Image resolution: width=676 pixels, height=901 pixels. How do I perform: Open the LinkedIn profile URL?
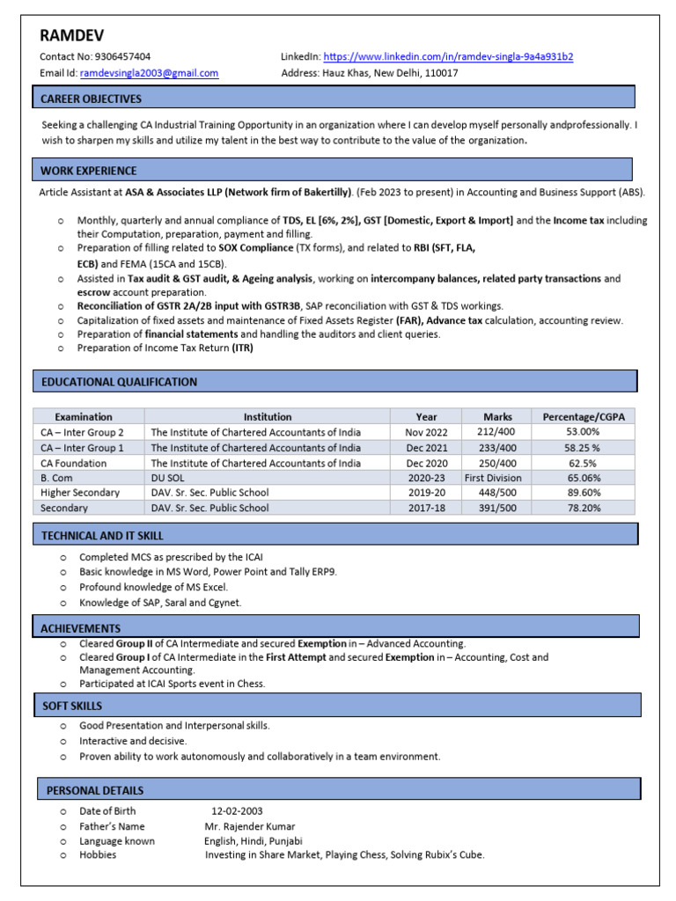pos(449,57)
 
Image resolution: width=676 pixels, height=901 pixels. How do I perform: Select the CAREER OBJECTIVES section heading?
pos(91,99)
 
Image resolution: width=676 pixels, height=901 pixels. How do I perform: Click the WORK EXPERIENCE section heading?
pos(89,171)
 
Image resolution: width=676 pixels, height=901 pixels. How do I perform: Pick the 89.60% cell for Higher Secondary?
pos(584,493)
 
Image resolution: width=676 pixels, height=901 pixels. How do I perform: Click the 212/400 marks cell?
pos(497,432)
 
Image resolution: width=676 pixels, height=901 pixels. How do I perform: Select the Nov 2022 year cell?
pos(426,432)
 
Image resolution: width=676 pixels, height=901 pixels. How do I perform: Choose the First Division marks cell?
pos(493,478)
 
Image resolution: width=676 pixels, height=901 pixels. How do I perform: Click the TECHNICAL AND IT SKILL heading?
pos(101,535)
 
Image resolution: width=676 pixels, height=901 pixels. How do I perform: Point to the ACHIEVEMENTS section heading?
pos(80,628)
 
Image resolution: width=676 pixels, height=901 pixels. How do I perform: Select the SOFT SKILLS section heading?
pos(72,706)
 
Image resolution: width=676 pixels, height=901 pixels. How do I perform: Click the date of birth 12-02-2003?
pos(237,811)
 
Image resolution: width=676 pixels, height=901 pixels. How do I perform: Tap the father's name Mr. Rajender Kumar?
pos(250,826)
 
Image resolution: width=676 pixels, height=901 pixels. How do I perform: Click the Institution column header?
pos(268,417)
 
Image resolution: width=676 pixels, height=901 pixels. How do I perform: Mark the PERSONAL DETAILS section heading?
pos(94,790)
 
